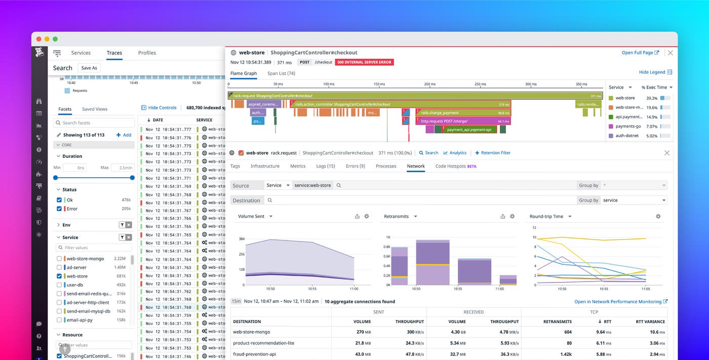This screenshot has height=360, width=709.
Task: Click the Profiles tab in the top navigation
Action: (147, 53)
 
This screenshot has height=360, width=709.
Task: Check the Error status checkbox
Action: (59, 209)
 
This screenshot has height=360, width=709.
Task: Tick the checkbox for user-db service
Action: (59, 285)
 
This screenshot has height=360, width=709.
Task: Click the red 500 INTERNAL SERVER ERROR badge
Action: (365, 62)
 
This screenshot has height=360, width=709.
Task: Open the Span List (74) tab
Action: (281, 73)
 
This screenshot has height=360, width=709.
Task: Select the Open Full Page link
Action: (640, 53)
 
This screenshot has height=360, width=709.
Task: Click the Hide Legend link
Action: (655, 72)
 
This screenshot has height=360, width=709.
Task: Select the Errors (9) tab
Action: (355, 166)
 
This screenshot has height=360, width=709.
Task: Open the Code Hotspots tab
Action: (455, 166)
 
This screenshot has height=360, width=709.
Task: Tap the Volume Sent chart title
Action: (251, 216)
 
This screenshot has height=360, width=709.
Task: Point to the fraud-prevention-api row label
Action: (254, 354)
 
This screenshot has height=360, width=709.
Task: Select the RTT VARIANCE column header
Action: (650, 322)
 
